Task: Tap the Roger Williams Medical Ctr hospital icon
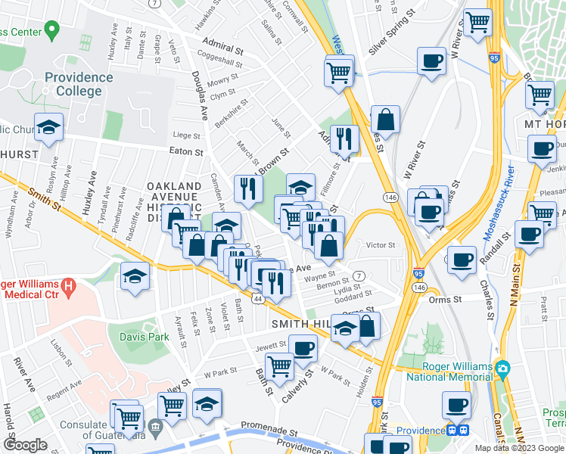pos(69,288)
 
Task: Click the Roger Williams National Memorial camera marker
pos(503,368)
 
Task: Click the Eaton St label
pos(188,151)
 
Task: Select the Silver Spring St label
pos(393,43)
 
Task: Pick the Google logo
pos(25,445)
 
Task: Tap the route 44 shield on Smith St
pos(259,300)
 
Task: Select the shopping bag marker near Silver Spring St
pos(385,119)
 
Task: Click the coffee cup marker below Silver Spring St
pos(431,61)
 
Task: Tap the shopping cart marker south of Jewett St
pos(280,365)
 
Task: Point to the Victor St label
pos(381,245)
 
